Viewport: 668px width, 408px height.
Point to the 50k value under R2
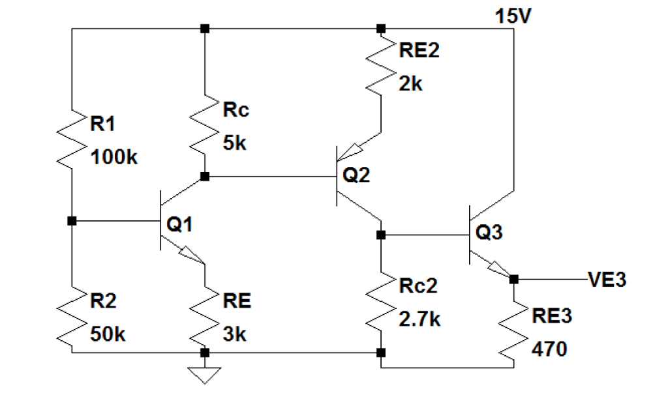(x=108, y=335)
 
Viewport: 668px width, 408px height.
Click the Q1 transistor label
(x=180, y=224)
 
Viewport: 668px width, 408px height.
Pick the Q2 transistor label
(x=356, y=177)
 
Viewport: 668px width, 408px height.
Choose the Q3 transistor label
(x=489, y=233)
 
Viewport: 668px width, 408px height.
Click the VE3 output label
(x=607, y=280)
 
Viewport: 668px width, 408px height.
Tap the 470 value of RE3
(x=549, y=349)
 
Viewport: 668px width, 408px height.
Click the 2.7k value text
(x=419, y=319)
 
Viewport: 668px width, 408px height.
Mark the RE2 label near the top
(x=418, y=51)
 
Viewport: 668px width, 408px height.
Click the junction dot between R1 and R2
(x=72, y=221)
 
